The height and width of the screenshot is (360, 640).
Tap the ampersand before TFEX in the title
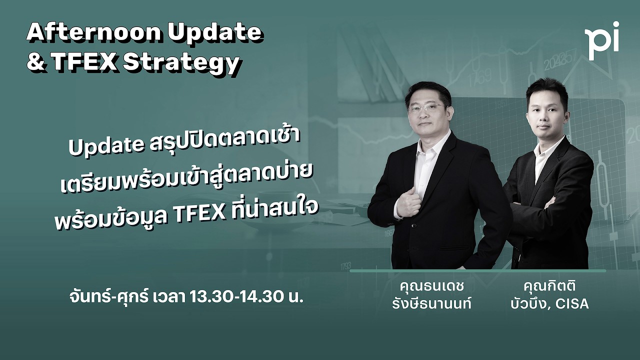(36, 62)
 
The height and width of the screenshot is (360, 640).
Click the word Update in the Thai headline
(106, 146)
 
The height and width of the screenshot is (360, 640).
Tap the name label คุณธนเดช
(432, 287)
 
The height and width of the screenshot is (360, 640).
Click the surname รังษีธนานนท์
(432, 303)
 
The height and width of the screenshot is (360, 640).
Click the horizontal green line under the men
(477, 270)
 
